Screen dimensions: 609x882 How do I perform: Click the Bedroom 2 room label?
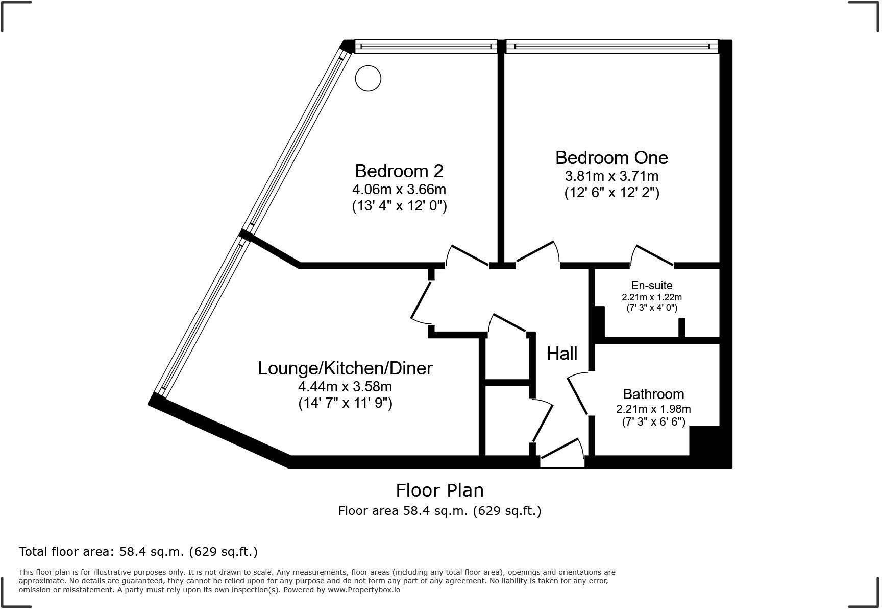pos(399,171)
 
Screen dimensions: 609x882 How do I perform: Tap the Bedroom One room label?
pos(611,157)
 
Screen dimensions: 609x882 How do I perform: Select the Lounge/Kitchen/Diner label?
pos(345,368)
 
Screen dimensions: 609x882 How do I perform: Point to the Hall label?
pos(562,354)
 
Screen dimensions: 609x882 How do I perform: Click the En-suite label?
pos(652,286)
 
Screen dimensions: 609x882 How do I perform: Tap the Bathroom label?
pos(653,394)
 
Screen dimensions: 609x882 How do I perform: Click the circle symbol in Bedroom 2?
pos(368,79)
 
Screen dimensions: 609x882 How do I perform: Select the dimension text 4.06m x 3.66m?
pos(399,190)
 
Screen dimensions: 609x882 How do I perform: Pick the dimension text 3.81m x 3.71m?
pos(611,176)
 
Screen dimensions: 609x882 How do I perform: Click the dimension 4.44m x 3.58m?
pos(345,387)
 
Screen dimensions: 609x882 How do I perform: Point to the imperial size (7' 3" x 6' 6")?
pos(653,422)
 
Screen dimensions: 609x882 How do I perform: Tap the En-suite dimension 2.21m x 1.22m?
pos(652,297)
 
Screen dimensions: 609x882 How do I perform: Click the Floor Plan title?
pos(439,490)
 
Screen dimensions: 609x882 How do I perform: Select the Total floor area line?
pos(138,552)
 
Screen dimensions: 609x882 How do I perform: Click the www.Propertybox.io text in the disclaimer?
pos(363,590)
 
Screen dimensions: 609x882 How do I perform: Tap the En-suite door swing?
pos(653,255)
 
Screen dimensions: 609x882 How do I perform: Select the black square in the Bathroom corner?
pos(704,440)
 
